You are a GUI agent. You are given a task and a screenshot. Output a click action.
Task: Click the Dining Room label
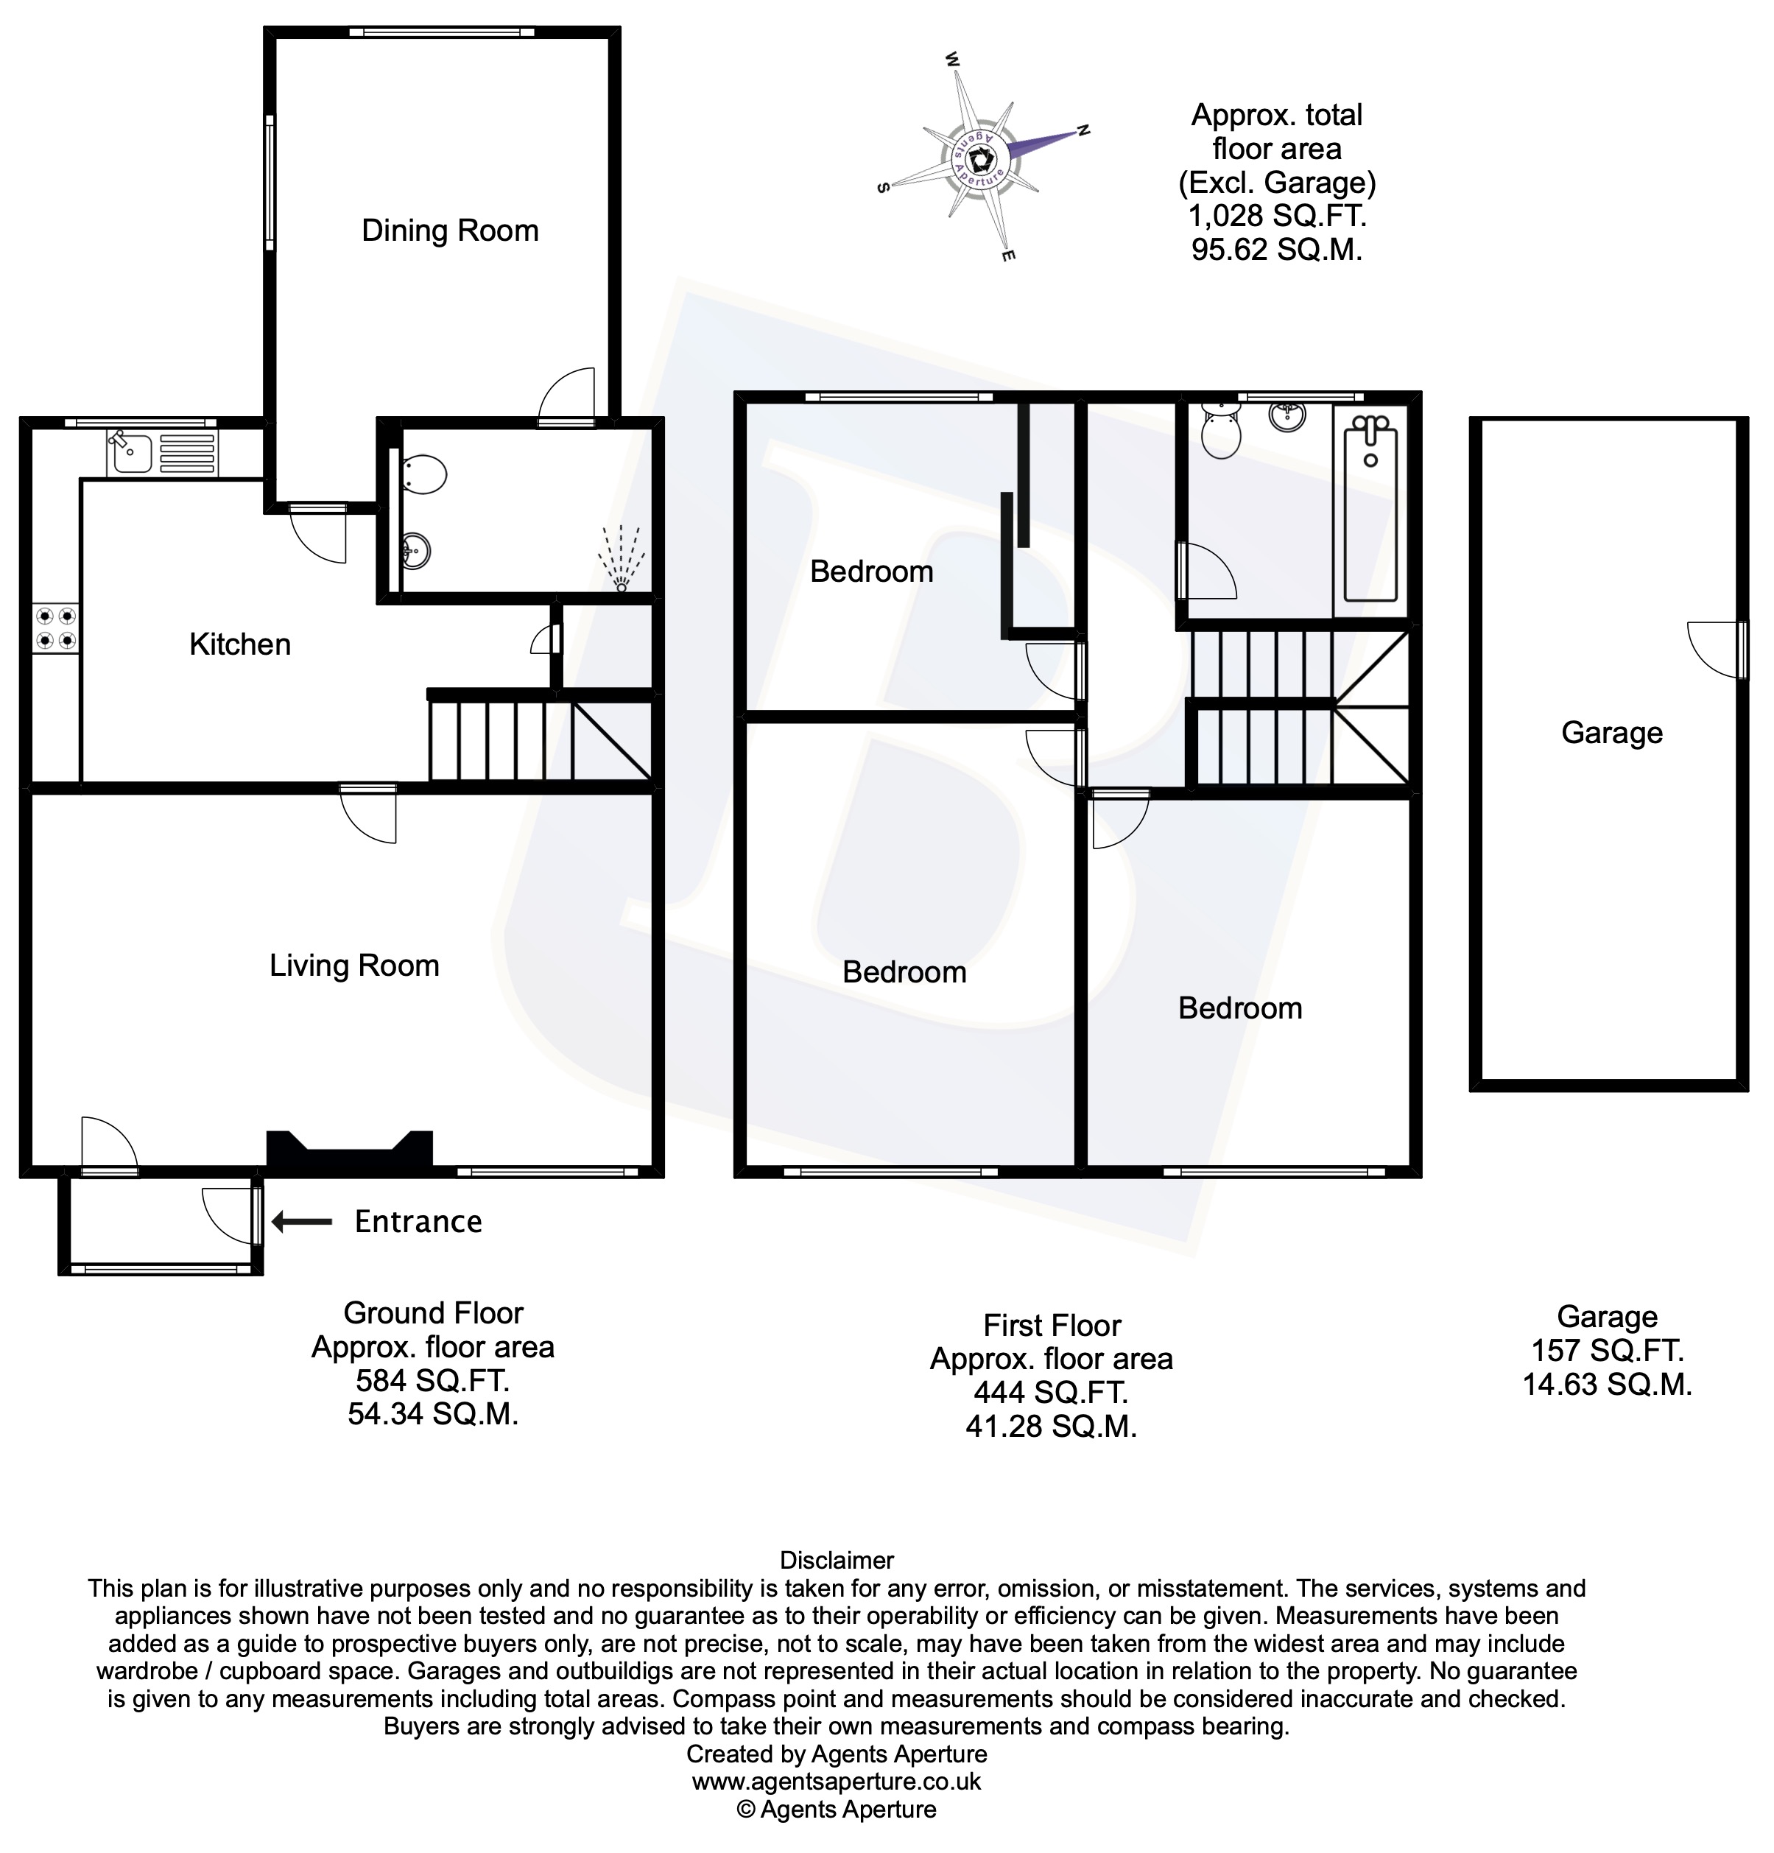tap(450, 231)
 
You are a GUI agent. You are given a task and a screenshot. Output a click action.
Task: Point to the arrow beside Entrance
tap(301, 1223)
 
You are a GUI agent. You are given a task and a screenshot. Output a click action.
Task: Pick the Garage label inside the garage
tap(1611, 733)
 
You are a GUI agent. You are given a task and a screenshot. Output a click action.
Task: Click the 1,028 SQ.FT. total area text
tap(1276, 217)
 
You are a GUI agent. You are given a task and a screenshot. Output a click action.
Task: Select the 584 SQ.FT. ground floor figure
tap(432, 1381)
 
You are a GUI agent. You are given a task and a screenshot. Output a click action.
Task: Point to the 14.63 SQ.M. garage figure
tap(1607, 1385)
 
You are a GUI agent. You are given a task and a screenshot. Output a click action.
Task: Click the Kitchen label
tap(240, 644)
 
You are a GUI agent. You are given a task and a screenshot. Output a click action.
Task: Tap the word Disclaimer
tap(837, 1561)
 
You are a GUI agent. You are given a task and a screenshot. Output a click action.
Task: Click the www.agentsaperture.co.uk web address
tap(837, 1782)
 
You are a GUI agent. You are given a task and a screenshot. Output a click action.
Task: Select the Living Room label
tap(354, 966)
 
